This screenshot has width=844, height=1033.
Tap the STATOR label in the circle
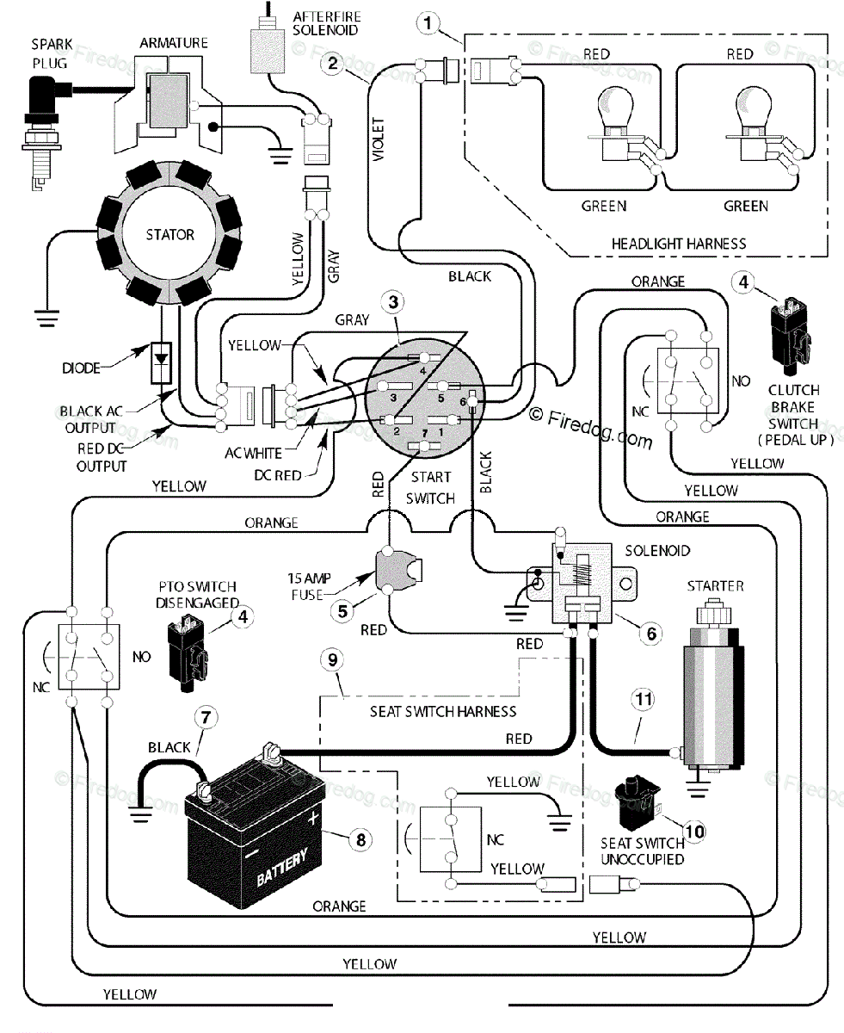point(169,235)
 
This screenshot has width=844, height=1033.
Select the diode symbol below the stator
point(161,362)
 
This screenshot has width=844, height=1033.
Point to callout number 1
point(428,23)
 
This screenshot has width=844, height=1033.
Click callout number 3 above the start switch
point(393,302)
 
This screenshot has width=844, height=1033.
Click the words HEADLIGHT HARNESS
point(679,244)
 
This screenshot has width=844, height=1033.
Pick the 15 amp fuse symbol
point(396,570)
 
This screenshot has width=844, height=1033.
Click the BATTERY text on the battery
point(282,868)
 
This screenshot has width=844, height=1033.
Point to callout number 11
point(643,700)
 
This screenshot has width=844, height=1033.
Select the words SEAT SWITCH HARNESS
point(442,711)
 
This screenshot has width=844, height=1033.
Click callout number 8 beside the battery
point(360,840)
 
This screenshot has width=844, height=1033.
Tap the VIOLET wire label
point(379,139)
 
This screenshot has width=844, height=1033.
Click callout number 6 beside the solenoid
point(651,634)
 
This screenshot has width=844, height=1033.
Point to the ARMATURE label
point(174,43)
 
